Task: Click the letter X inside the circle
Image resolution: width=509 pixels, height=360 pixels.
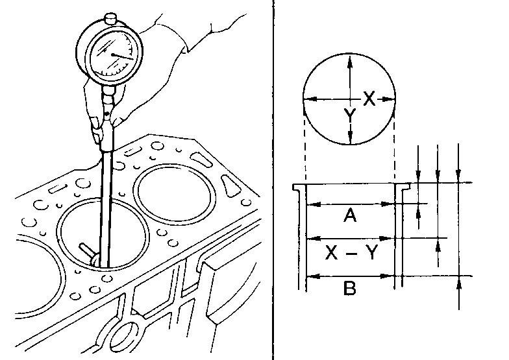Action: click(x=369, y=99)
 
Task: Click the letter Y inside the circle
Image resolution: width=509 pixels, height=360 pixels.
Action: click(x=349, y=116)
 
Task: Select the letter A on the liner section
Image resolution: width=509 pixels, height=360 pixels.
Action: click(x=349, y=215)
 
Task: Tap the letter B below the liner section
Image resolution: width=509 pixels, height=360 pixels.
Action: click(x=349, y=288)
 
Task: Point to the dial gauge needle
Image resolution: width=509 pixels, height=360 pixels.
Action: click(x=123, y=56)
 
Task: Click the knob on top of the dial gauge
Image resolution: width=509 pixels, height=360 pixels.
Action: click(x=110, y=18)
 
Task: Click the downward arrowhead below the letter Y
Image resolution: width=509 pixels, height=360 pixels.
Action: click(x=350, y=138)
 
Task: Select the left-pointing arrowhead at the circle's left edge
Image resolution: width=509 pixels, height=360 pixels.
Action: click(x=310, y=99)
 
